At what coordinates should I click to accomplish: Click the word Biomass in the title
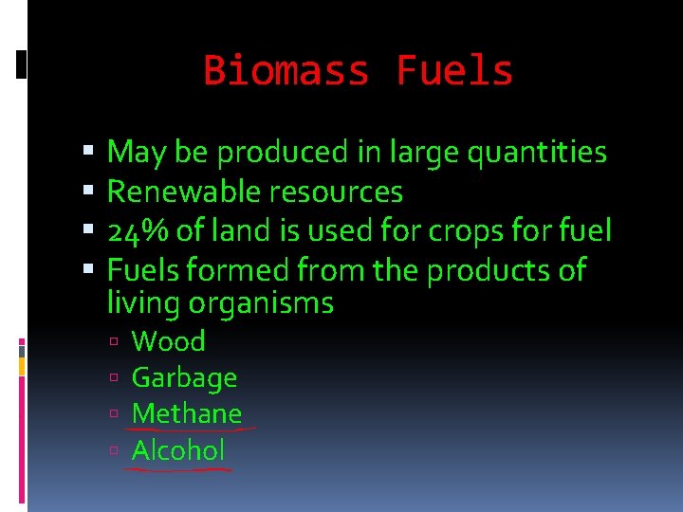287,71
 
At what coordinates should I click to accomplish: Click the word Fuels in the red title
454,71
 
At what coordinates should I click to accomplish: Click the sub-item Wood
168,341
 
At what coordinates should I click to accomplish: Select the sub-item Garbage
184,378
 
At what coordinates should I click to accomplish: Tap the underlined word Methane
187,414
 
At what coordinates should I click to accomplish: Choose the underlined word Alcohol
178,450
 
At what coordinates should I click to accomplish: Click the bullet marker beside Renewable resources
88,192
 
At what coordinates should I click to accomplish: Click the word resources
336,192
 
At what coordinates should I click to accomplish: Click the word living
144,304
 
